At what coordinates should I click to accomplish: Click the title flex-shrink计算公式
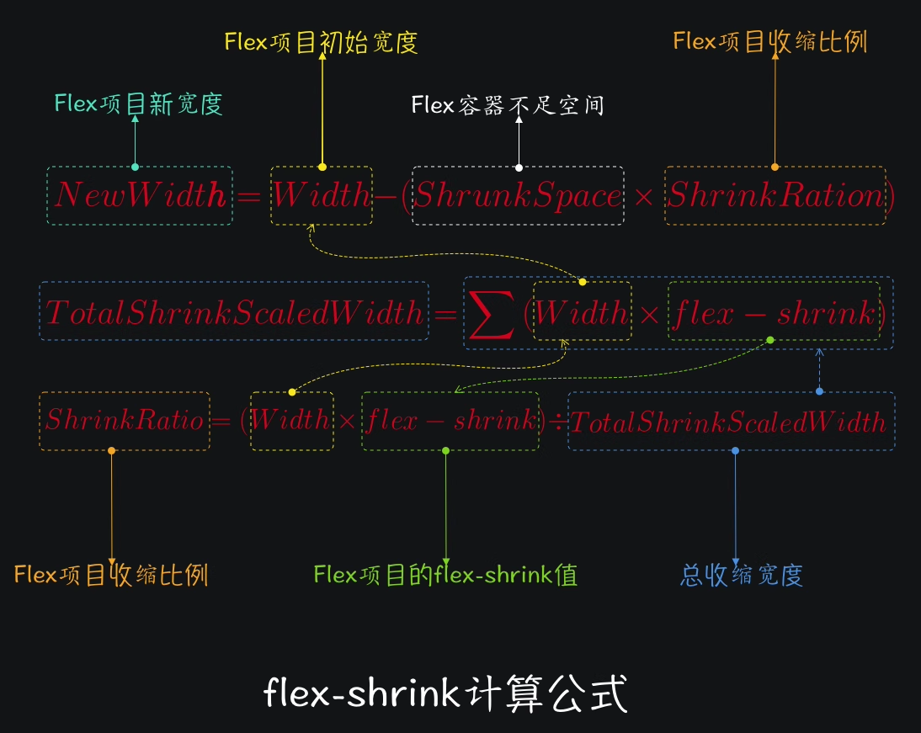pos(445,695)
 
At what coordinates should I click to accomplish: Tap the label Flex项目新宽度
pos(138,104)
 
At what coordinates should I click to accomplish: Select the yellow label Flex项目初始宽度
pos(321,43)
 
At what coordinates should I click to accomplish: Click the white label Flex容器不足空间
pos(508,105)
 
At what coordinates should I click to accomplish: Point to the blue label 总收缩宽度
pos(741,575)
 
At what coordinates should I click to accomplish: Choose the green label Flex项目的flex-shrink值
pos(445,575)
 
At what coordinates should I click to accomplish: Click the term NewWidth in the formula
pos(140,196)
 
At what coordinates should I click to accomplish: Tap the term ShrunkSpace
pos(518,196)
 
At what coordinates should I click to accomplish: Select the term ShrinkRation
pos(775,196)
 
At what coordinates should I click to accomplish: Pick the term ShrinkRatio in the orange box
pos(125,420)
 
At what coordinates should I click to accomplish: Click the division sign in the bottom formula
pos(556,420)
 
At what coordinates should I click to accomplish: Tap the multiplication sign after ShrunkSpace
pos(644,197)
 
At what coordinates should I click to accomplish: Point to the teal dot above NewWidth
pos(136,167)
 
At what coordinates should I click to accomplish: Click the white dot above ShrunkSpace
pos(519,167)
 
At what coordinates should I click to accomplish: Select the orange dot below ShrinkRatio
pos(112,451)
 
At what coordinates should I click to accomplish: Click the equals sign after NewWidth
pos(250,197)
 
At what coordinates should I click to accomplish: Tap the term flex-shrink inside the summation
pos(774,314)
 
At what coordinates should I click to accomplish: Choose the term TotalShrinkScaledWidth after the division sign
pos(732,421)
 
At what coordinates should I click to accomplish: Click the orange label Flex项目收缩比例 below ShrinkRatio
pos(111,575)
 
